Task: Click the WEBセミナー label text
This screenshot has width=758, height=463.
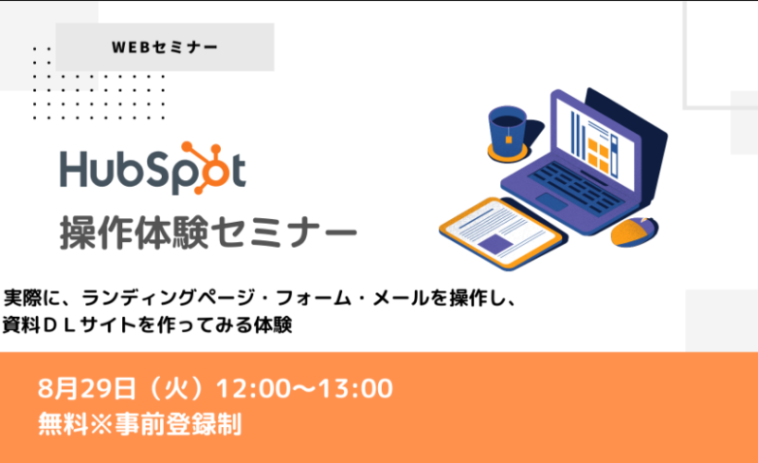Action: tap(164, 47)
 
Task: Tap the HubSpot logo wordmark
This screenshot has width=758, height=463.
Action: tap(153, 168)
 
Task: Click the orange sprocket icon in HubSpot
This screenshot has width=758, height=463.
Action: tap(205, 168)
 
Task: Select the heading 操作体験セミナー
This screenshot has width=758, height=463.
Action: tap(208, 233)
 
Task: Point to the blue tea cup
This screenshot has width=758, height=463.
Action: tap(508, 129)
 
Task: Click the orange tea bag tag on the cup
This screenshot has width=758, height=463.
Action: tap(509, 140)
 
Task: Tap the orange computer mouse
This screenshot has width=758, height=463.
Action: tap(634, 231)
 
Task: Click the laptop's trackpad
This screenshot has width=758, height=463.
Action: tap(551, 201)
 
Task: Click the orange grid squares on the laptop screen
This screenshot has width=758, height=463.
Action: tap(599, 154)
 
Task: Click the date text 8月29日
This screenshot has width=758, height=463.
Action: tap(87, 388)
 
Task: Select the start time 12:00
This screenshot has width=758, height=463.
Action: tap(254, 388)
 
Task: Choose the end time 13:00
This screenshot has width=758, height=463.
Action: tap(355, 388)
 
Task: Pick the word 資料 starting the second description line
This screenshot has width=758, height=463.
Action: tap(21, 324)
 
